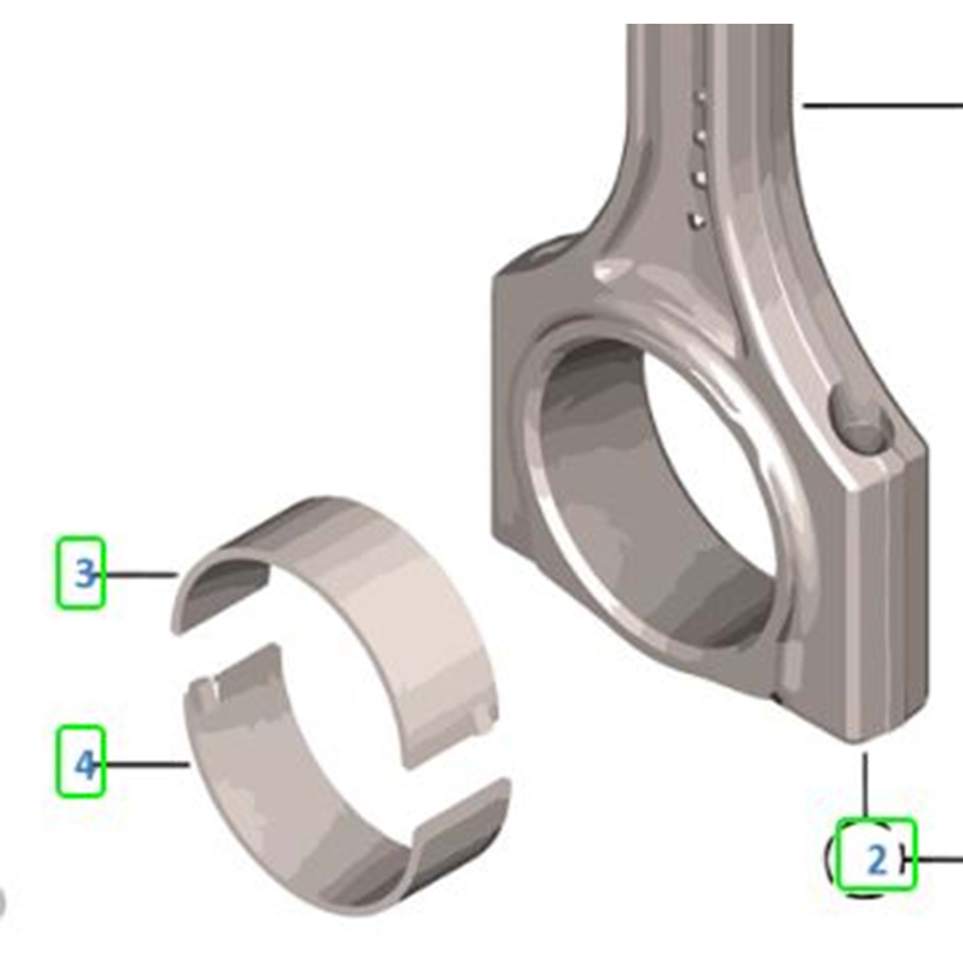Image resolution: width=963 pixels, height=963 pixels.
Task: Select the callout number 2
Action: click(876, 860)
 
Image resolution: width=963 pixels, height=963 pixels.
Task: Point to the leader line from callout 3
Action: click(136, 575)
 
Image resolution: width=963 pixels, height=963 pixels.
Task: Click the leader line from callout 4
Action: click(143, 764)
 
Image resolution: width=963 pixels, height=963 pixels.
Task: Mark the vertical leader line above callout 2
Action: click(865, 785)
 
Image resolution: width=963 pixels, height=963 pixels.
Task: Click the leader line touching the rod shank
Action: click(883, 105)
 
